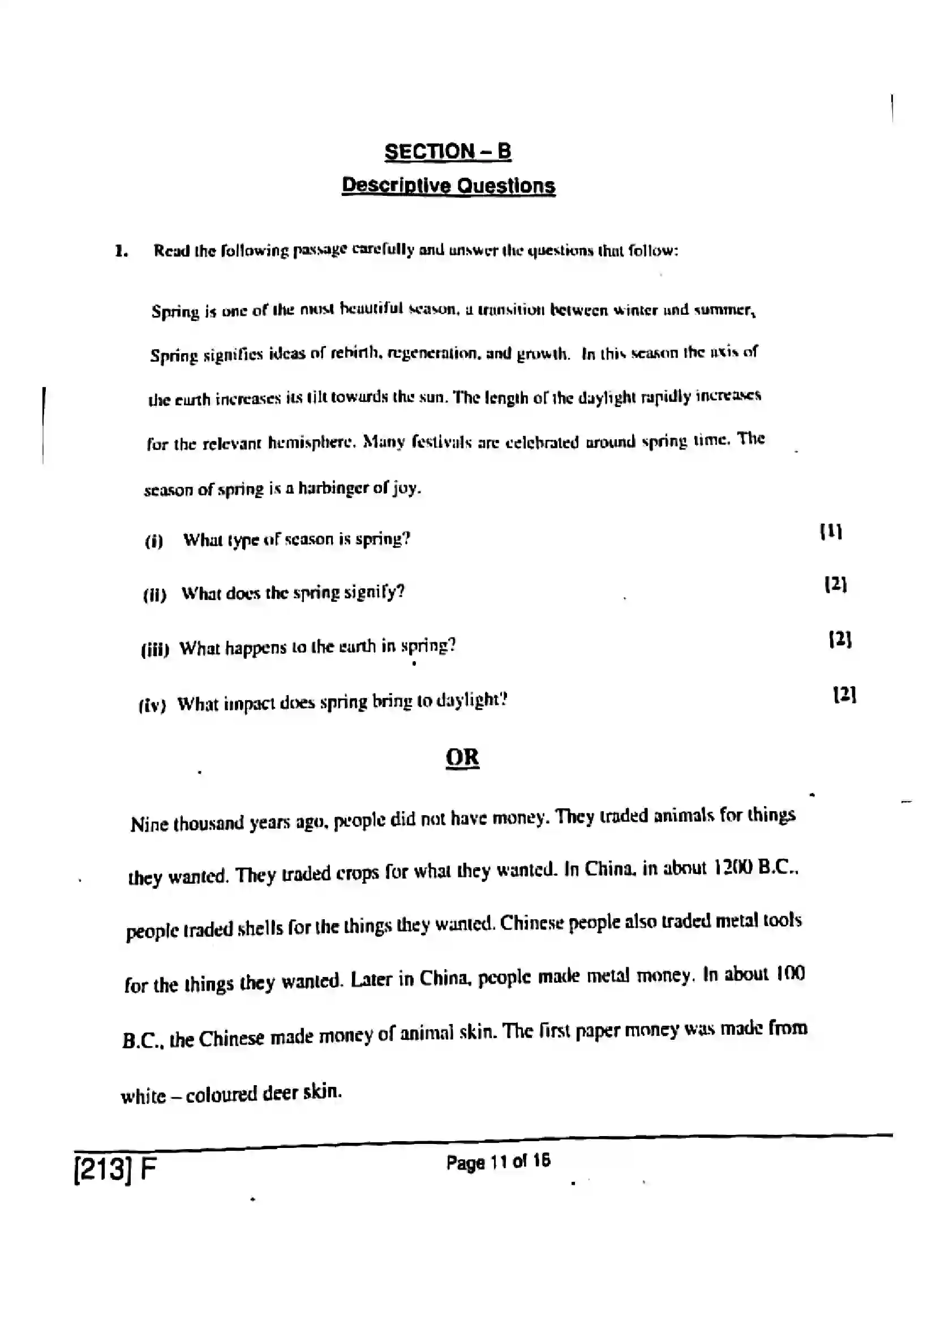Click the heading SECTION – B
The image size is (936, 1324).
pyautogui.click(x=448, y=152)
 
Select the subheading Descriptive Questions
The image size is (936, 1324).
pyautogui.click(x=448, y=186)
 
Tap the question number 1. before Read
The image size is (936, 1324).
pyautogui.click(x=121, y=251)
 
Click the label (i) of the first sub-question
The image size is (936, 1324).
pyautogui.click(x=154, y=542)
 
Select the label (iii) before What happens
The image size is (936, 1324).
pyautogui.click(x=155, y=650)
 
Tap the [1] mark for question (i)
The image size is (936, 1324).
pyautogui.click(x=831, y=531)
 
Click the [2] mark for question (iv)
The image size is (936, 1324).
pyautogui.click(x=844, y=695)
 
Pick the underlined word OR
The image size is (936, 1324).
pyautogui.click(x=462, y=757)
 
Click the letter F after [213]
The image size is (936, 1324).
pyautogui.click(x=148, y=1169)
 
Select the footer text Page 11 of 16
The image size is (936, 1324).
pyautogui.click(x=498, y=1162)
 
